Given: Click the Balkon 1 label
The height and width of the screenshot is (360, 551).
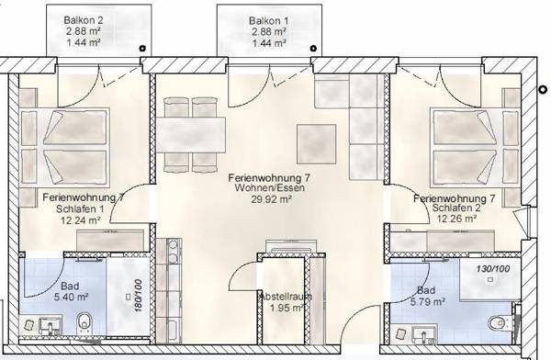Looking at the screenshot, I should coord(267,20).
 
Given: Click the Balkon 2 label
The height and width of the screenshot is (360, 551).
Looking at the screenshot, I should coord(84,20).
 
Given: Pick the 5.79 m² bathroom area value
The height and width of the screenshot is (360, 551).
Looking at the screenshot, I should coord(427,300).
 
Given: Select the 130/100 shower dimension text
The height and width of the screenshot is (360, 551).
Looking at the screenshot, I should coord(492,268).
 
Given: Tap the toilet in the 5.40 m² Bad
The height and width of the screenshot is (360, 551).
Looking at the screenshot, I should coord(83,321).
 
